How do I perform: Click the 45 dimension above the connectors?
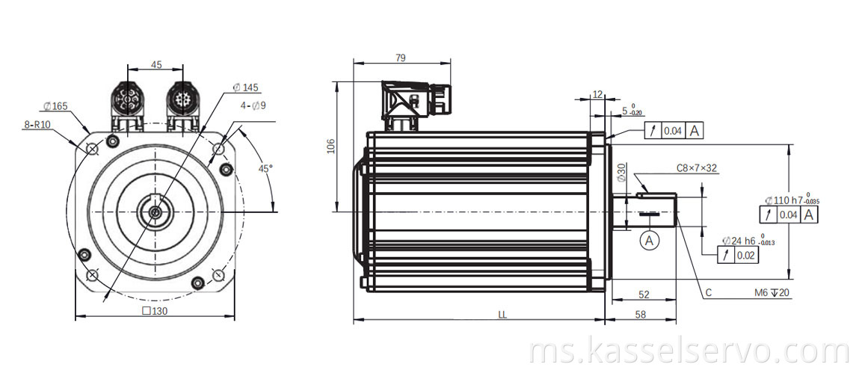click(156, 65)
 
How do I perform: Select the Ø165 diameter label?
click(55, 106)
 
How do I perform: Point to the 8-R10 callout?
click(36, 125)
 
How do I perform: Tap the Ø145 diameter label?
click(245, 88)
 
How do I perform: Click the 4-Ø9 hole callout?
click(253, 105)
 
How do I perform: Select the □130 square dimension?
click(155, 311)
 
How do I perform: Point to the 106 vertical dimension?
click(332, 146)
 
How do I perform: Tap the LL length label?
click(502, 315)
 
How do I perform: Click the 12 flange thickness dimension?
click(597, 94)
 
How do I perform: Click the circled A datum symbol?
click(650, 240)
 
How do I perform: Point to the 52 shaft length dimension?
click(643, 295)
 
